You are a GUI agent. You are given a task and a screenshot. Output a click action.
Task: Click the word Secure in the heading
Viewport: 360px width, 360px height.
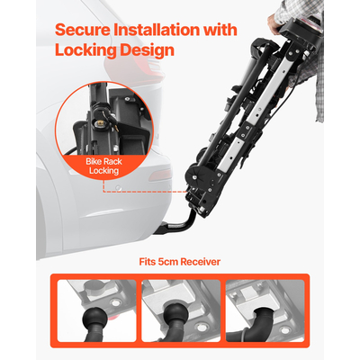83,30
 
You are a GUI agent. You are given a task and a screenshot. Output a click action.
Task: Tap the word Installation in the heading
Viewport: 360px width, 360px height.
157,30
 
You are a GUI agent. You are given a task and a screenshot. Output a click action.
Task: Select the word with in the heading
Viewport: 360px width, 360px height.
220,30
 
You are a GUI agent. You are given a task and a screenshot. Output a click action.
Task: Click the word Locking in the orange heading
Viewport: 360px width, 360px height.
86,50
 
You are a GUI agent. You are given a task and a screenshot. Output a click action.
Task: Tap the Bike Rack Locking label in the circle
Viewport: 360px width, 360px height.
103,166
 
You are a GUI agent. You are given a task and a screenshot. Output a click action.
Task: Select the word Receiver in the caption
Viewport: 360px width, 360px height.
201,262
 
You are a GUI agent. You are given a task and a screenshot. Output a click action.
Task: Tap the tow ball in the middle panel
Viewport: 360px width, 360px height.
173,315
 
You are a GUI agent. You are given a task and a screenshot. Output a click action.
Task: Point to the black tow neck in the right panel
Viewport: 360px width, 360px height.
265,322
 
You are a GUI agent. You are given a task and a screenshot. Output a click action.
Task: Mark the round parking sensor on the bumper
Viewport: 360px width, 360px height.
119,188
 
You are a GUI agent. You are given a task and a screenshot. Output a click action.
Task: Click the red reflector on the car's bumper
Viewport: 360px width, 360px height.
161,175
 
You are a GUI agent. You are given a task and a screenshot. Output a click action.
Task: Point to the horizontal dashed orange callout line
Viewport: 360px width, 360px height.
145,192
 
